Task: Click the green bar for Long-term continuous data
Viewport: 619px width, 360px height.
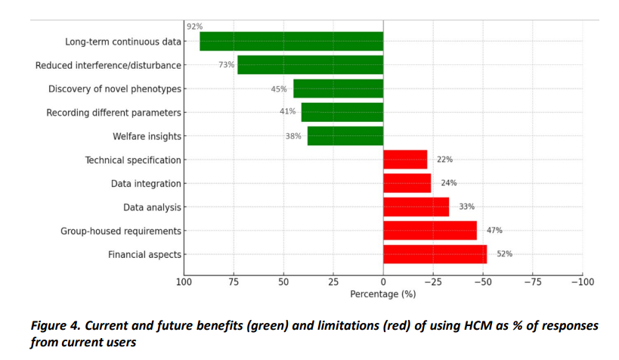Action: [x=291, y=41]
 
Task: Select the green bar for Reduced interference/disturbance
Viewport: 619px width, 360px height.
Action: [x=310, y=65]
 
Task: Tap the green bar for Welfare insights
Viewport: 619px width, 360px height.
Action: [x=345, y=136]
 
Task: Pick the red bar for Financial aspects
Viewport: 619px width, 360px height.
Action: [x=435, y=254]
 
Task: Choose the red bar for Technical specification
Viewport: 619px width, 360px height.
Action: [x=405, y=160]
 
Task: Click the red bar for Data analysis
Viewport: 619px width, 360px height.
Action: [x=416, y=206]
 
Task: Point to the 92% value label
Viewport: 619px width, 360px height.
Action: [x=194, y=26]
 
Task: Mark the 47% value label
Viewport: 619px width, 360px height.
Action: [x=494, y=230]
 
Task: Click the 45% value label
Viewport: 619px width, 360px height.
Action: [x=279, y=88]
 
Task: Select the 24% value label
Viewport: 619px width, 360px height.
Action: [x=449, y=183]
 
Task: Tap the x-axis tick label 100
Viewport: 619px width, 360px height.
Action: [x=184, y=281]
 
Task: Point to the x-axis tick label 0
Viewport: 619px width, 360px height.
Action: [x=383, y=281]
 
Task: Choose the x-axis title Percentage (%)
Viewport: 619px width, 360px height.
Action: [x=383, y=293]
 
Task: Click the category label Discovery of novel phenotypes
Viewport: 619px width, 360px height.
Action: [x=115, y=88]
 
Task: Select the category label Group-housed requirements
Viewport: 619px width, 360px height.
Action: [x=121, y=231]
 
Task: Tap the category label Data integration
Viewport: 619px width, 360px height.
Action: [x=146, y=183]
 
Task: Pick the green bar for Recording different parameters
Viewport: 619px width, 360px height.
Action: [x=342, y=112]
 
